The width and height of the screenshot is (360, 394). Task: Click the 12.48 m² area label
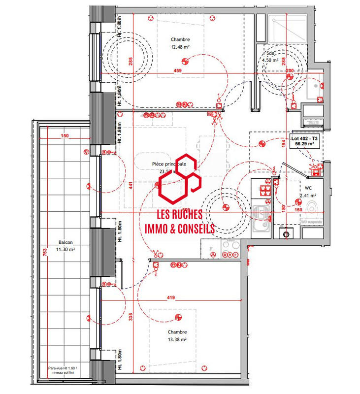pos(180,47)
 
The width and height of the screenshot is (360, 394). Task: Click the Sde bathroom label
pos(270,53)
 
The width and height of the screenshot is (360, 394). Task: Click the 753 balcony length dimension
pos(45,253)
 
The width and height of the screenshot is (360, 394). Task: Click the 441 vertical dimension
pos(131,185)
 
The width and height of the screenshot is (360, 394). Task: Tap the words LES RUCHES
pos(178,215)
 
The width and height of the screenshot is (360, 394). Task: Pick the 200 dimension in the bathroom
pos(289,71)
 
